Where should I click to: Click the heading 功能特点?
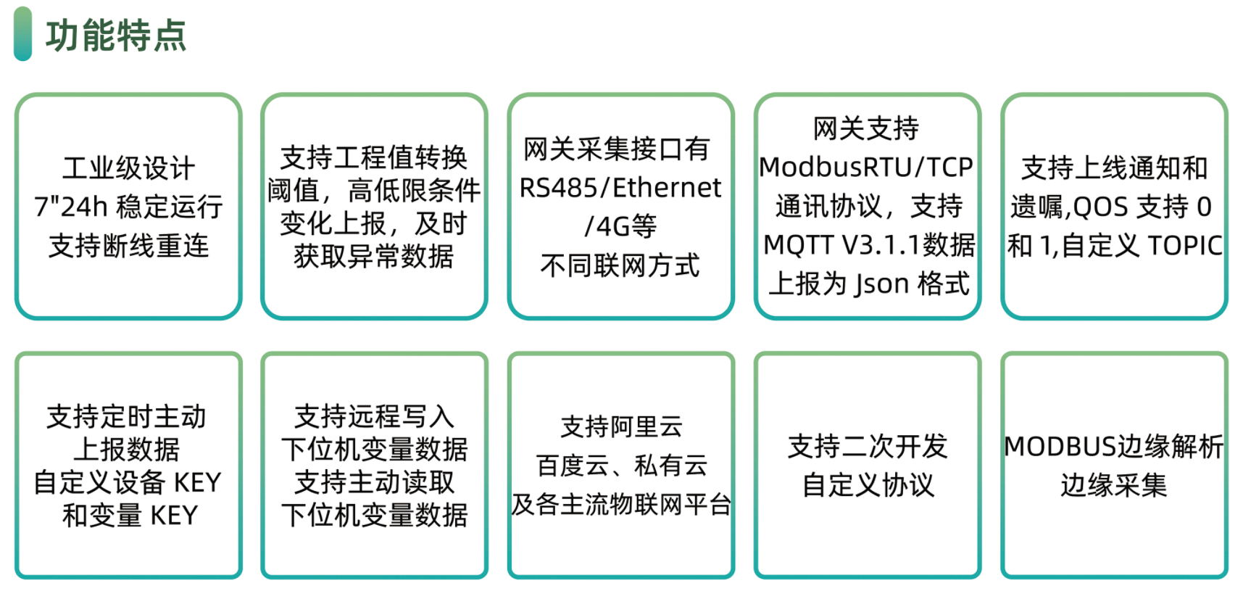click(116, 35)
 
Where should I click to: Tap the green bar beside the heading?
click(22, 34)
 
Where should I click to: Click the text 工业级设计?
click(128, 168)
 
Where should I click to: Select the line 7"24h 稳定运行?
click(128, 207)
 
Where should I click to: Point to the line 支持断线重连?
click(128, 246)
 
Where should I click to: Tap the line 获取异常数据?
click(374, 256)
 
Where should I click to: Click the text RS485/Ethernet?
click(620, 188)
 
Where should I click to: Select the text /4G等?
click(620, 226)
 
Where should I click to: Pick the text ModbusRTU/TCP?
click(866, 168)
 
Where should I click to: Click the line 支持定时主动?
click(127, 417)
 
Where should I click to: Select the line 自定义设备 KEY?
click(128, 482)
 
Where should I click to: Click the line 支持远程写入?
click(374, 417)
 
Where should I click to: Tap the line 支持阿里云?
click(621, 427)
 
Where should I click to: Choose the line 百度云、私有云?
click(621, 466)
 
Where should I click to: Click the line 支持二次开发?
click(868, 447)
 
